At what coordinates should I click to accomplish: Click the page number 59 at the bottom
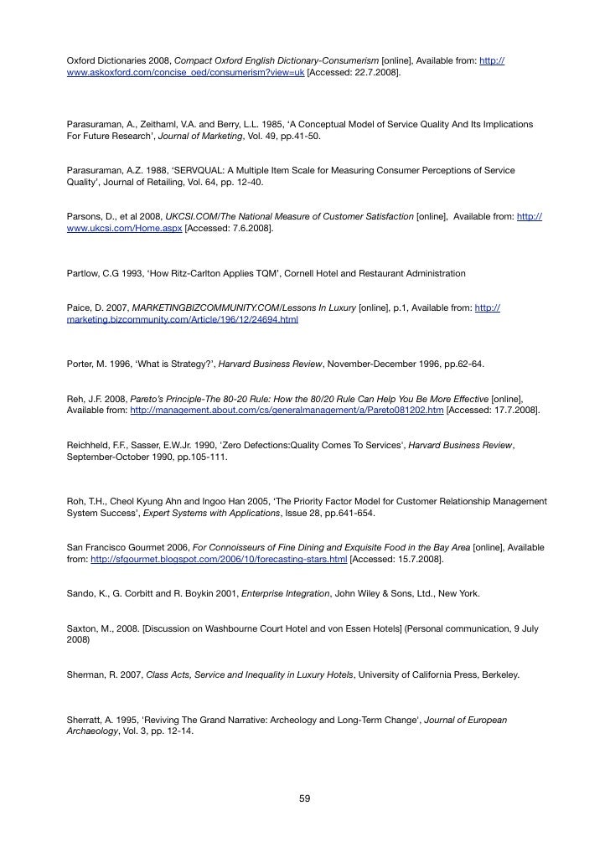[305, 798]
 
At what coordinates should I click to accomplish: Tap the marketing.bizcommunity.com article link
[182, 319]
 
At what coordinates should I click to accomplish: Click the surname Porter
[82, 364]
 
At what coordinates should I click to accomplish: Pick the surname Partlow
[84, 273]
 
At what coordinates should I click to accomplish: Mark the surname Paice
[79, 307]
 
